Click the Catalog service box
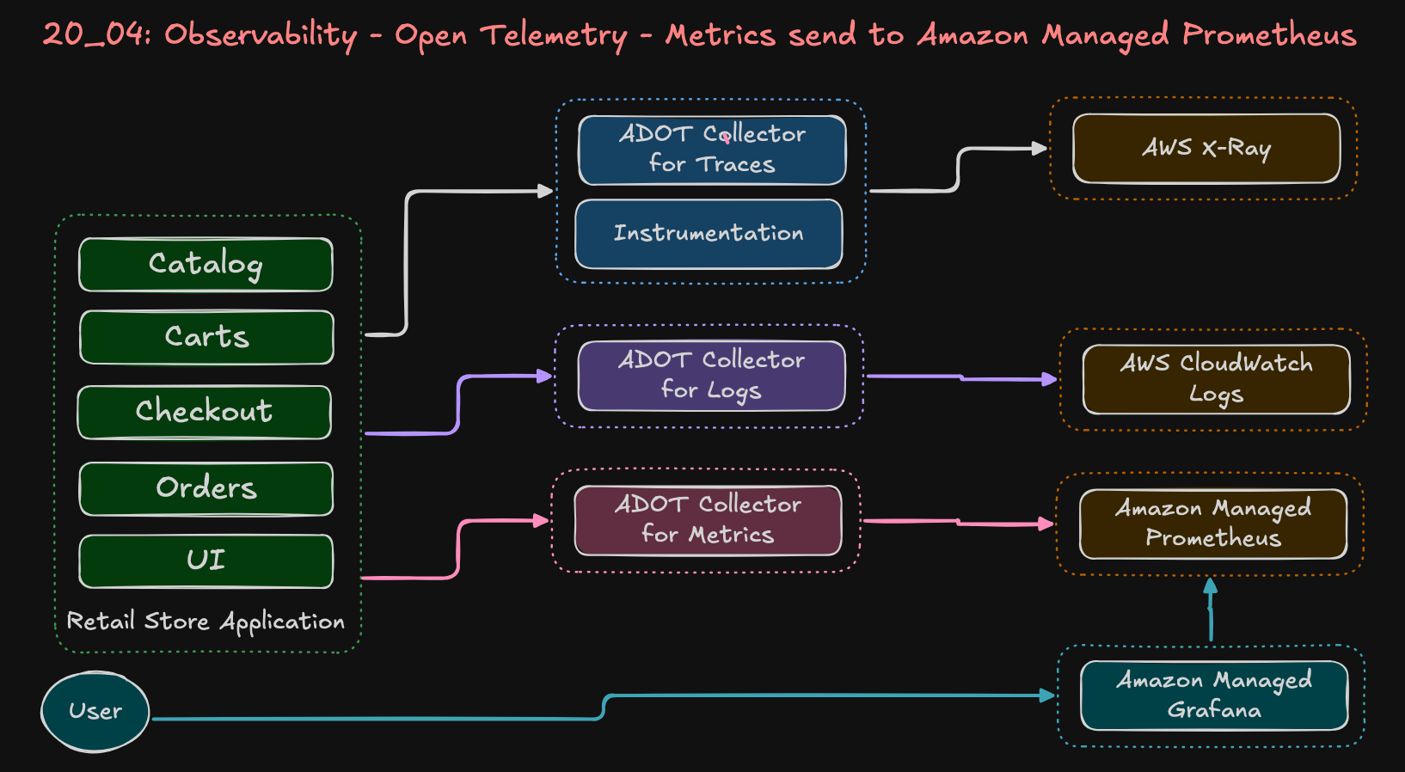[x=206, y=265]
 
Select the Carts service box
[x=206, y=337]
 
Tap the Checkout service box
[x=205, y=412]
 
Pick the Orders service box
[x=206, y=488]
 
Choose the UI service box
[x=206, y=561]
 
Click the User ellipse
[x=95, y=712]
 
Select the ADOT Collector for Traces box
[x=712, y=150]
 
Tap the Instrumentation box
[x=709, y=234]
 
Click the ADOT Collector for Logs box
[x=711, y=376]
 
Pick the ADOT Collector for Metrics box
[x=708, y=520]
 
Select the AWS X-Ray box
[x=1206, y=148]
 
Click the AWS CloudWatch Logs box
[x=1216, y=379]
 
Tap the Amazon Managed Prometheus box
[x=1213, y=524]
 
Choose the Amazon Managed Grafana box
[x=1214, y=695]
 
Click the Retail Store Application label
[x=206, y=622]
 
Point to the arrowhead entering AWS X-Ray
[x=1040, y=148]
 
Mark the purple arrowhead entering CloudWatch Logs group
[x=1049, y=379]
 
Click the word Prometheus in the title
[x=1269, y=34]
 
